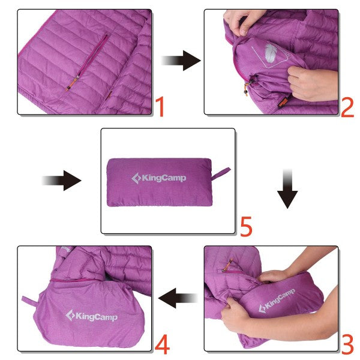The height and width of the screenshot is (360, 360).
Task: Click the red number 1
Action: pos(159,106)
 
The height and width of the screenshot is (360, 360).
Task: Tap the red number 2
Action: pos(347,107)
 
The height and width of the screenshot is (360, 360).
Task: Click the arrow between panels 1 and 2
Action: pos(181,60)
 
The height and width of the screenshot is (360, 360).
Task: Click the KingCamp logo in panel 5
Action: pos(159,178)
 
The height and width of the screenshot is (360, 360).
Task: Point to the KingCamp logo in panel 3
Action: pos(277,300)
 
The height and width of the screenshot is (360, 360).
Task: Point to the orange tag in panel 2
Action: pos(283,102)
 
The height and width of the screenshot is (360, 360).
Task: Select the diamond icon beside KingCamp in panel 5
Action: pos(136,178)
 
